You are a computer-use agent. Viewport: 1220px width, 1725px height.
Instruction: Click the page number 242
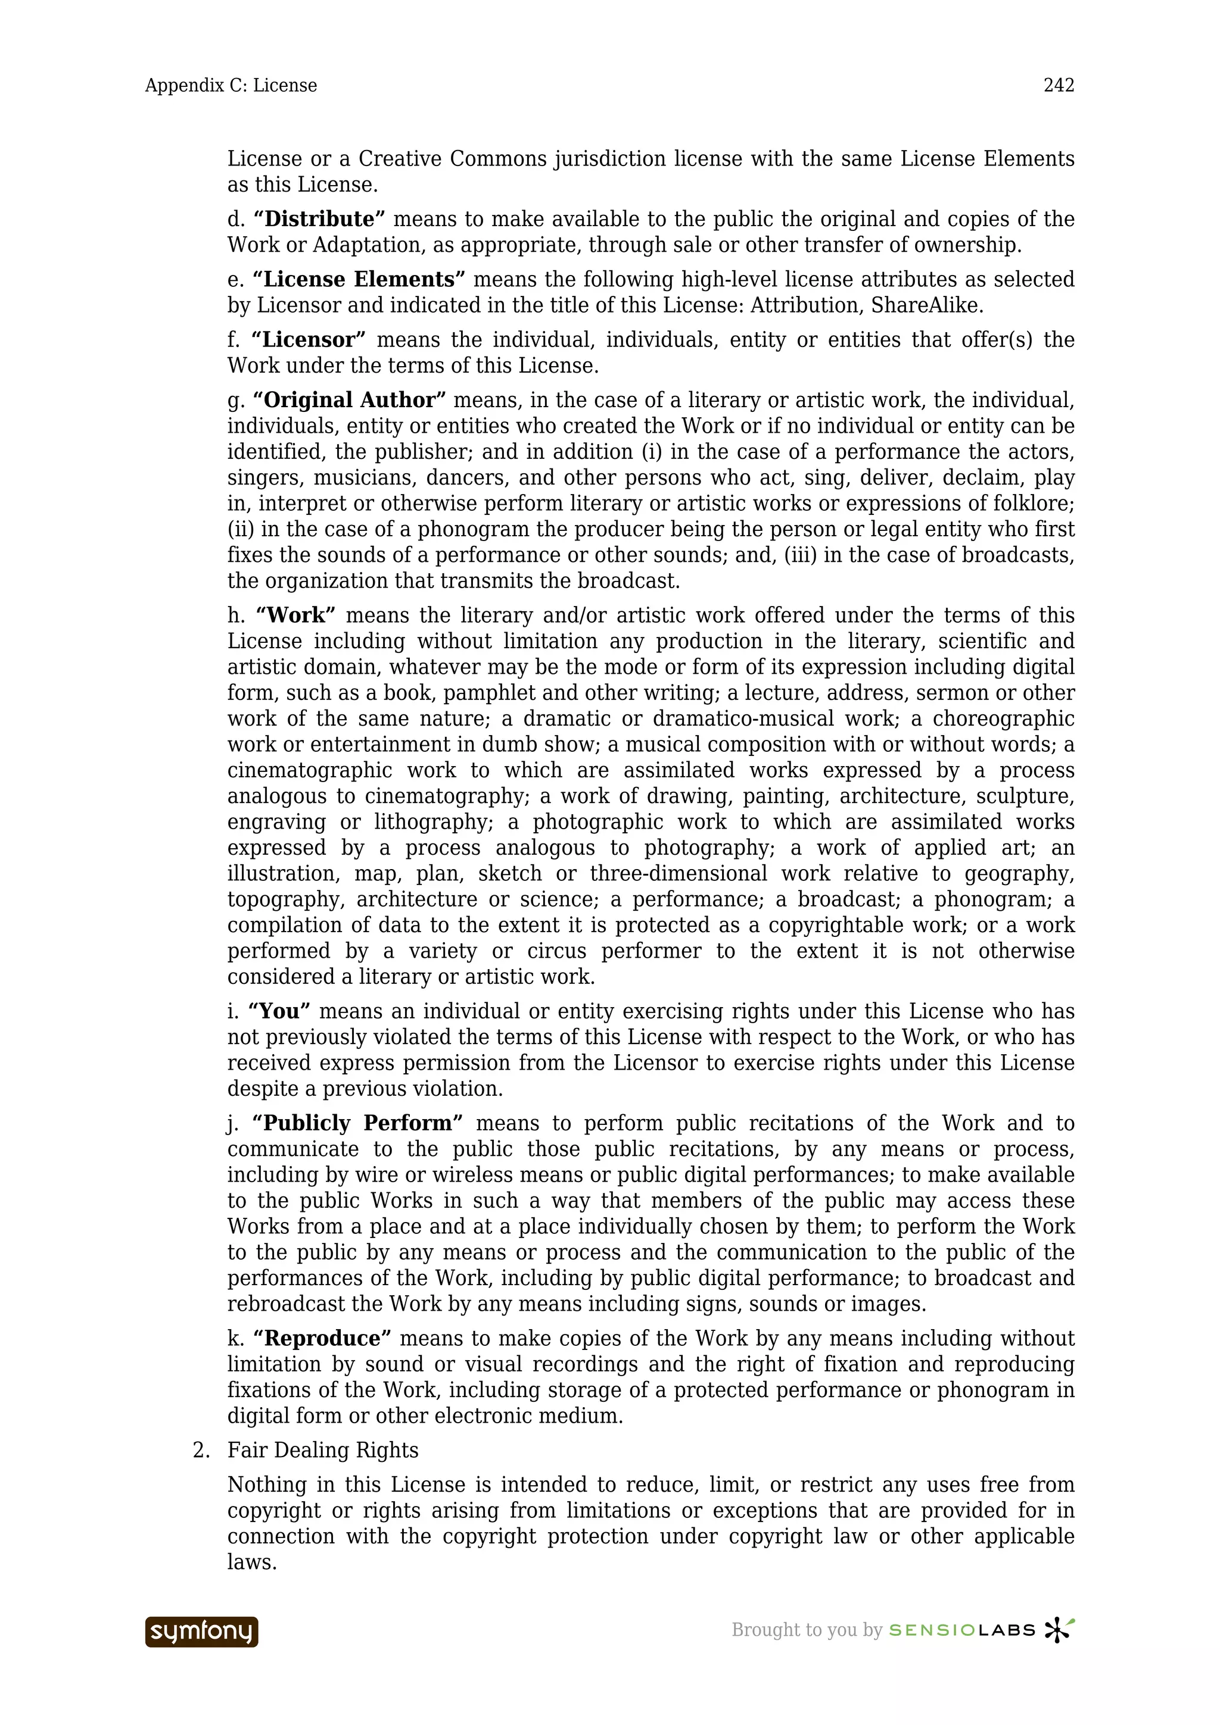point(1059,86)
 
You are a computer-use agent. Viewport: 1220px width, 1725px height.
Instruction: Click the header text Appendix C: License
point(231,86)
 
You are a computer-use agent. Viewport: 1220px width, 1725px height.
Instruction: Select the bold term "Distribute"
point(319,220)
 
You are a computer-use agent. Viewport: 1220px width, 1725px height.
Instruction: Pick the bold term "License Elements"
point(359,280)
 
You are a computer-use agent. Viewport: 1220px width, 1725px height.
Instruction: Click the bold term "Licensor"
point(308,340)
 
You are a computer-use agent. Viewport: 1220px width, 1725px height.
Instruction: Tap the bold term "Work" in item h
point(295,615)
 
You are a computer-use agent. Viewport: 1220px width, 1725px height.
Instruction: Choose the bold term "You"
point(279,1011)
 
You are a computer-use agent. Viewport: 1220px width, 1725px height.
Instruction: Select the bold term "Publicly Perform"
point(357,1123)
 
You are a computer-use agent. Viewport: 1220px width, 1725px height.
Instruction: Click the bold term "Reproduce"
point(322,1339)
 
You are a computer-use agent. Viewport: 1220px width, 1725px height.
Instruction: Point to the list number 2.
point(200,1451)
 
